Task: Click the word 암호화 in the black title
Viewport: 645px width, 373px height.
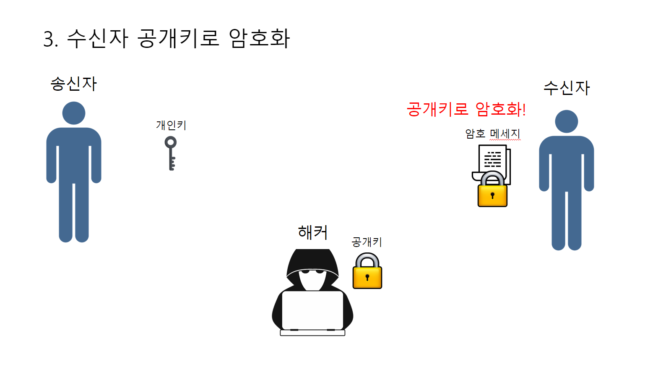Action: click(x=259, y=38)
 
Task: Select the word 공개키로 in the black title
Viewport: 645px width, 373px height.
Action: click(x=178, y=38)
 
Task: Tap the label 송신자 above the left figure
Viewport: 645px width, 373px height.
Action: click(x=74, y=84)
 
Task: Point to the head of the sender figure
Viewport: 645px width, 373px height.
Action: click(x=74, y=113)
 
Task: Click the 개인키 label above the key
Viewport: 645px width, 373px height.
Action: click(x=171, y=125)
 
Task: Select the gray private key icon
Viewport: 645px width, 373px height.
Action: click(x=171, y=154)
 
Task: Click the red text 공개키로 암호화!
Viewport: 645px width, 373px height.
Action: click(x=466, y=109)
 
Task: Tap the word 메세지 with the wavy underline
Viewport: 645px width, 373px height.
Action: click(x=505, y=134)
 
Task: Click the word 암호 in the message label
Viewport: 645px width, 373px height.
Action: click(x=475, y=134)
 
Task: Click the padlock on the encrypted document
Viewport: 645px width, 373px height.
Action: click(x=492, y=191)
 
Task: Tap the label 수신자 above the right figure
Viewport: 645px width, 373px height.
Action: click(x=567, y=88)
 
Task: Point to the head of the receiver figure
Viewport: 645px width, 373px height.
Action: click(x=567, y=121)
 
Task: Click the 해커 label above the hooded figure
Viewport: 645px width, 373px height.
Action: click(x=312, y=232)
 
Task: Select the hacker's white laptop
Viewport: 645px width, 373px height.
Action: click(x=312, y=311)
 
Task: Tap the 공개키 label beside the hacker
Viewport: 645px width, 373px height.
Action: click(x=367, y=242)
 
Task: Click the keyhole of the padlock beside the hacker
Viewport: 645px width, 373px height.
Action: click(x=367, y=277)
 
